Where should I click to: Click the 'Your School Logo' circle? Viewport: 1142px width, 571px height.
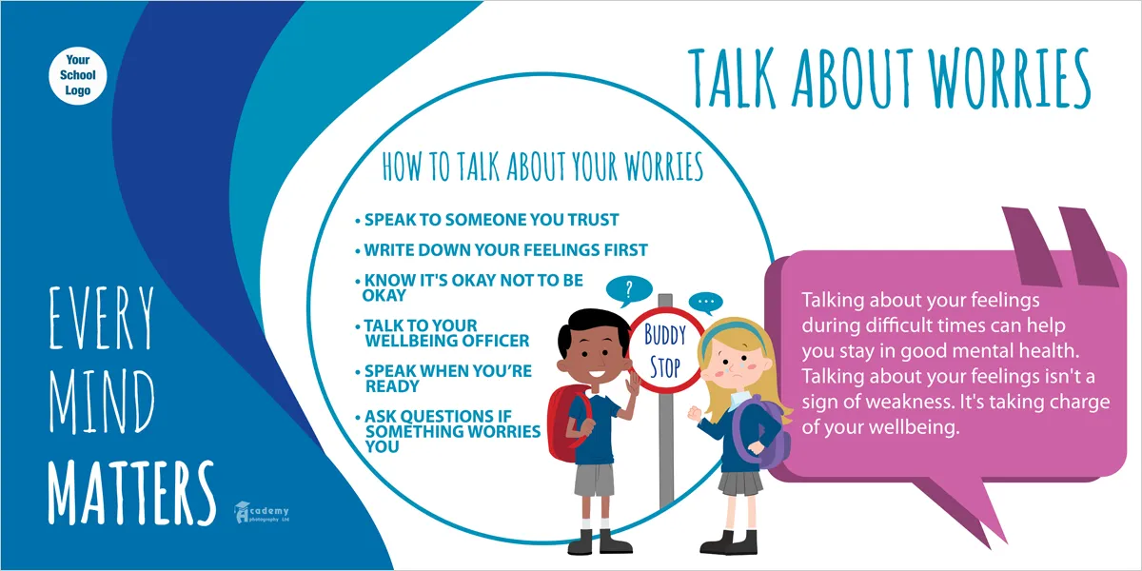(x=78, y=76)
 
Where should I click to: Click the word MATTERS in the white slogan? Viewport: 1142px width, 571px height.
(x=131, y=492)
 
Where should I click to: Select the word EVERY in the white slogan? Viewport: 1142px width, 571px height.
(x=101, y=318)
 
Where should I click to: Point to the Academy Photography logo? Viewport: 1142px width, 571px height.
(x=262, y=512)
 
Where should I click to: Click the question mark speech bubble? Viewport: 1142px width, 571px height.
(x=629, y=291)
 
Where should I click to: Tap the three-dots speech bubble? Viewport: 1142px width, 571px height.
(x=705, y=303)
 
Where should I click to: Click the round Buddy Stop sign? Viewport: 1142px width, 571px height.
(x=665, y=350)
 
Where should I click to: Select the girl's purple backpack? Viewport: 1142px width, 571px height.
(x=762, y=433)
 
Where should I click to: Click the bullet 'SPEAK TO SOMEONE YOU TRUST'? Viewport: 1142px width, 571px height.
(x=487, y=220)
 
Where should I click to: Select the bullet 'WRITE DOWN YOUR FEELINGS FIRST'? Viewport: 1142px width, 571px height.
(x=502, y=249)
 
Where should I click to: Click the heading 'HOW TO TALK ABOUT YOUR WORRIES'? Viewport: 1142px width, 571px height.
(x=542, y=167)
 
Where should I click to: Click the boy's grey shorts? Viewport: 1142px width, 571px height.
(x=594, y=480)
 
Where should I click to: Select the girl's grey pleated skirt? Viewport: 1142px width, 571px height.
(x=740, y=482)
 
